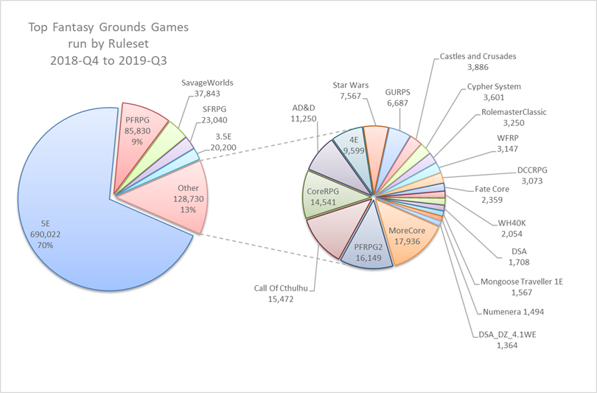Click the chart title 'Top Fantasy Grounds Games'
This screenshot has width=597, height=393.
click(108, 28)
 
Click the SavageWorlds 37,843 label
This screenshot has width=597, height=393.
click(201, 88)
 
